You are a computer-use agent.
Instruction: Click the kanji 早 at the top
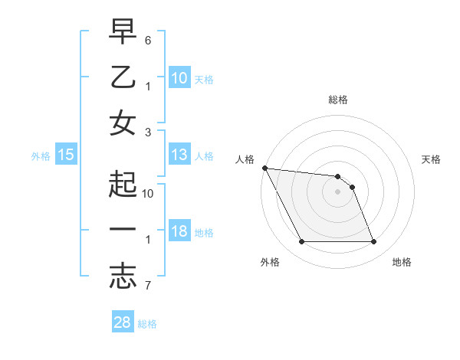click(123, 32)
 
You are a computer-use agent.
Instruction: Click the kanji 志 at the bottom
click(123, 276)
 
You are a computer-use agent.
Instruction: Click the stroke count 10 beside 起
click(148, 194)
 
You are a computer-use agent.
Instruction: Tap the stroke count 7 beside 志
click(148, 286)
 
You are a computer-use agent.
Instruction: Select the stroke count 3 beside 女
click(148, 132)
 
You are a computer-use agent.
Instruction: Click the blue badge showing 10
click(179, 79)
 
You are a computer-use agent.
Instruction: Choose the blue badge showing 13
click(179, 155)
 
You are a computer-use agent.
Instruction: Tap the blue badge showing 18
click(179, 232)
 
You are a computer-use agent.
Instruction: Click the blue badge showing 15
click(66, 155)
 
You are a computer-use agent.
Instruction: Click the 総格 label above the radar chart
click(338, 100)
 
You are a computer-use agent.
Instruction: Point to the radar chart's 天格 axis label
click(432, 159)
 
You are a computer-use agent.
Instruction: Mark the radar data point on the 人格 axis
click(264, 168)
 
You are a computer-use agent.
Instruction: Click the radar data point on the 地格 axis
click(374, 242)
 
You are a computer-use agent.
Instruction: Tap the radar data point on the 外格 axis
click(301, 242)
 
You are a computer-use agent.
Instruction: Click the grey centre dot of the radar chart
click(338, 191)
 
